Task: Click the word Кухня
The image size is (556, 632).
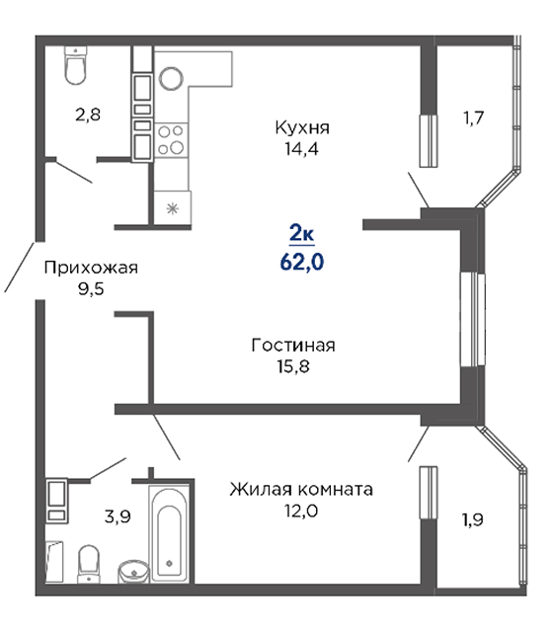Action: pyautogui.click(x=302, y=127)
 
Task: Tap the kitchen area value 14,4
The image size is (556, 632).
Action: pyautogui.click(x=301, y=149)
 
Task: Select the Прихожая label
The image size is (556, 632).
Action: pyautogui.click(x=91, y=268)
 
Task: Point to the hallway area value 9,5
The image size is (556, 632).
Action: pyautogui.click(x=91, y=289)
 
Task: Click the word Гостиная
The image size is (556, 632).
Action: pyautogui.click(x=293, y=346)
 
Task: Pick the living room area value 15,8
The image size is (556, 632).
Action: pyautogui.click(x=293, y=366)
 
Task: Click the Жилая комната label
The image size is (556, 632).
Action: pyautogui.click(x=301, y=490)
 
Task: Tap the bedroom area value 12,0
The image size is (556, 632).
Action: pyautogui.click(x=301, y=511)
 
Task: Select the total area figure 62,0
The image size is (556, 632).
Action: pyautogui.click(x=302, y=262)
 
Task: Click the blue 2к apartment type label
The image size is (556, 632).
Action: pyautogui.click(x=302, y=233)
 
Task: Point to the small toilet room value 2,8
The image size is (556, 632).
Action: pyautogui.click(x=88, y=115)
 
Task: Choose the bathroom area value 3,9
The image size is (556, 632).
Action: pyautogui.click(x=118, y=516)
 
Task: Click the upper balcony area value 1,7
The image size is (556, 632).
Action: pyautogui.click(x=473, y=118)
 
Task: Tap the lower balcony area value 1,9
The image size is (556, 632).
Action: pyautogui.click(x=472, y=520)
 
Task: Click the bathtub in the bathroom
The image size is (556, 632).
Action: pyautogui.click(x=169, y=532)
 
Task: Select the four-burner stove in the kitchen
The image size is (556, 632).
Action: pyautogui.click(x=171, y=140)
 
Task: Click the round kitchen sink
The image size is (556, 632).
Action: pyautogui.click(x=172, y=78)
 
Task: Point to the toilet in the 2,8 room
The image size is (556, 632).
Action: pyautogui.click(x=76, y=65)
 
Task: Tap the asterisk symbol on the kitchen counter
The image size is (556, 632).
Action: pyautogui.click(x=173, y=208)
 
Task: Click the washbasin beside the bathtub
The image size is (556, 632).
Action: pyautogui.click(x=133, y=571)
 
